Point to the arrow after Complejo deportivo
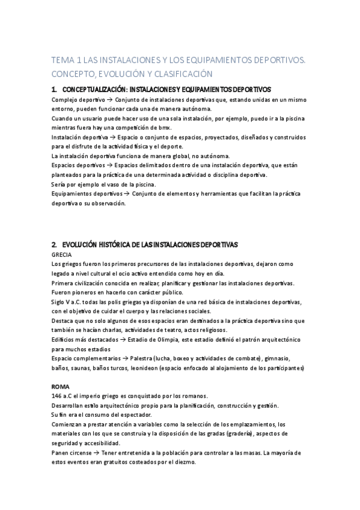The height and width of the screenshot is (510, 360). [109, 99]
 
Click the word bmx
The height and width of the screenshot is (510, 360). [165, 128]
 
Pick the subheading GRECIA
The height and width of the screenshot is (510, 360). [62, 254]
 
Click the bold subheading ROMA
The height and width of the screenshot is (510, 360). [61, 386]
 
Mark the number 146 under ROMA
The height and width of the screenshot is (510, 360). [57, 396]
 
